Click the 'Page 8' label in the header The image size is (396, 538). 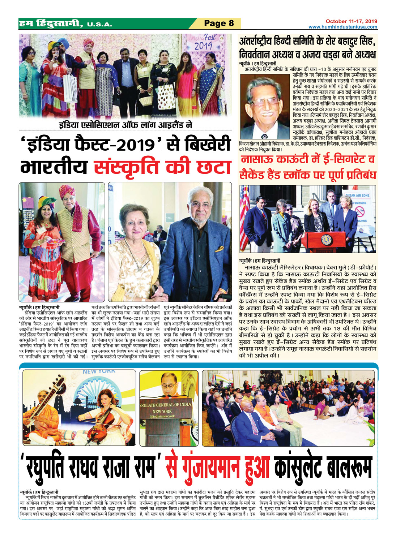point(219,23)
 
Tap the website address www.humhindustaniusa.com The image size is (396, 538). point(342,27)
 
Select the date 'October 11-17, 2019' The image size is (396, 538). point(351,21)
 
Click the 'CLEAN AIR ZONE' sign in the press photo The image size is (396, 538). point(357,195)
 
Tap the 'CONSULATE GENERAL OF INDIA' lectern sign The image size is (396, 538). point(165,405)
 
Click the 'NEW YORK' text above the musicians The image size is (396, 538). point(99,371)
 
